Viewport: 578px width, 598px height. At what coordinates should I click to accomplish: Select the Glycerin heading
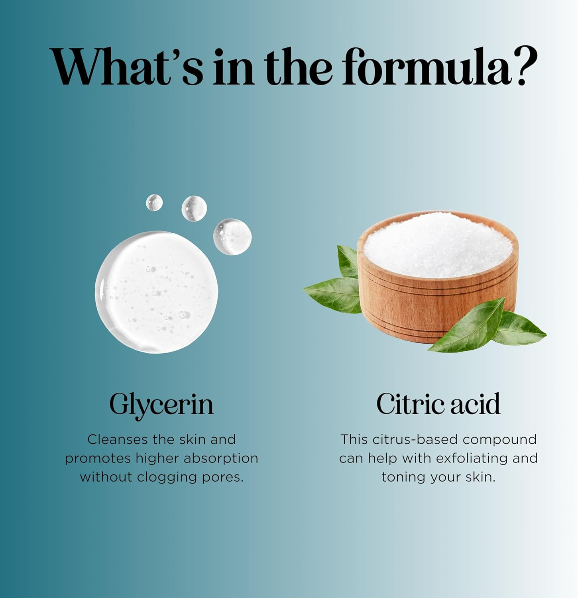[x=161, y=405]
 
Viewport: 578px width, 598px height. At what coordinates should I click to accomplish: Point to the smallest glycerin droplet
[x=154, y=203]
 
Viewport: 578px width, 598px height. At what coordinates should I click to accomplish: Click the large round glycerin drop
[x=157, y=292]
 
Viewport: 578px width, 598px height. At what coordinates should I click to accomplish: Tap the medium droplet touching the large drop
[x=232, y=237]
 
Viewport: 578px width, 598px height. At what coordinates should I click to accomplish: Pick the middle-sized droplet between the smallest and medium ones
[x=194, y=208]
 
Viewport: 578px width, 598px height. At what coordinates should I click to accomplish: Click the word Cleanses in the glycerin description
[x=118, y=439]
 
